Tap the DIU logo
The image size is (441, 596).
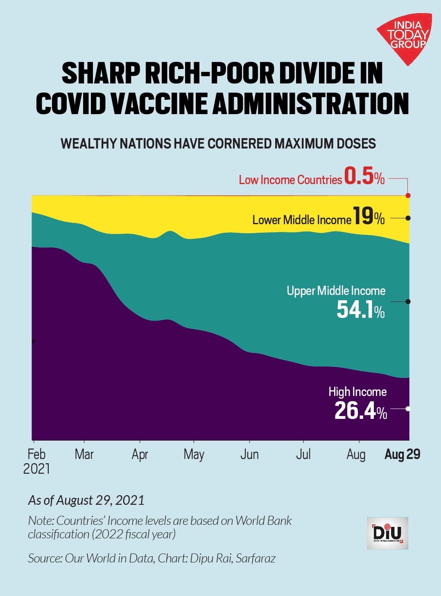point(387,533)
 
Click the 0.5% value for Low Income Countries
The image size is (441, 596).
point(364,177)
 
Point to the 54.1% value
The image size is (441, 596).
point(360,310)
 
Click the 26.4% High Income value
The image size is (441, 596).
point(360,411)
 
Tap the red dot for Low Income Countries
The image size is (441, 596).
point(408,196)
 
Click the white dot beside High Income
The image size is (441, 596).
point(408,409)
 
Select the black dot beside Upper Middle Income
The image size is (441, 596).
point(408,301)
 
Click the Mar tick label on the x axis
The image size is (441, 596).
point(84,454)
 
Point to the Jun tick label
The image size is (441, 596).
point(249,454)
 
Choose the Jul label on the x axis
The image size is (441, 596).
point(303,454)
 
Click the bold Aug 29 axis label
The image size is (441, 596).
point(402,454)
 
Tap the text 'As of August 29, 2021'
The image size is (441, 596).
point(86,500)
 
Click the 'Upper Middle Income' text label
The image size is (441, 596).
point(336,291)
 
